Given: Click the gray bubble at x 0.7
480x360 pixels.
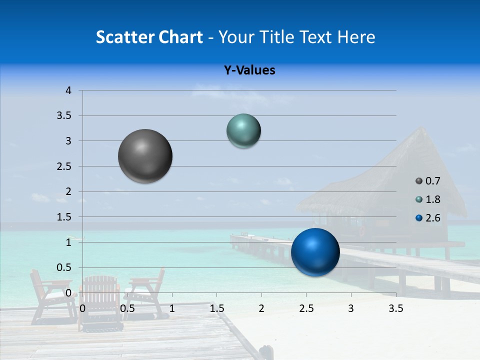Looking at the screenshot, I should pyautogui.click(x=145, y=156).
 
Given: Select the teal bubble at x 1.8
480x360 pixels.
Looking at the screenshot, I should pyautogui.click(x=243, y=130).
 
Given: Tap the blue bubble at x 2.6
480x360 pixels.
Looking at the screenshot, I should pyautogui.click(x=315, y=252).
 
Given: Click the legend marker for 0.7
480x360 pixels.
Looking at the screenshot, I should pyautogui.click(x=419, y=181).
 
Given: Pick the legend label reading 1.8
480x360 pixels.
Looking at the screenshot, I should pyautogui.click(x=432, y=199).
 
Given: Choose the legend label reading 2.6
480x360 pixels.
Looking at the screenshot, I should pyautogui.click(x=432, y=218).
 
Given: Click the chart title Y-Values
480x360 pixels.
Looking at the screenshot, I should pyautogui.click(x=249, y=70).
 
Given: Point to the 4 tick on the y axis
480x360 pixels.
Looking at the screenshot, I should pyautogui.click(x=68, y=90).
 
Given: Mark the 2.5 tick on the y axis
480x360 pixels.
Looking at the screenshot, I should pyautogui.click(x=64, y=166).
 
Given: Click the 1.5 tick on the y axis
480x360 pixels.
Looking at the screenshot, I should pyautogui.click(x=64, y=217).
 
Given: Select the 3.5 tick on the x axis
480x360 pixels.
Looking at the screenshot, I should pyautogui.click(x=395, y=308).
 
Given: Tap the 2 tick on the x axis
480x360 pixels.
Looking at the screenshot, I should pyautogui.click(x=261, y=308).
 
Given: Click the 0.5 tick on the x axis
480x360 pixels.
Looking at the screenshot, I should pyautogui.click(x=127, y=308).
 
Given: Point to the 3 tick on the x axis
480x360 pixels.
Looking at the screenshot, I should pyautogui.click(x=350, y=308).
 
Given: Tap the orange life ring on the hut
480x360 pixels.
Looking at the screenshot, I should pyautogui.click(x=362, y=230).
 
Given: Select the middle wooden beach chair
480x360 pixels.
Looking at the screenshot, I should pyautogui.click(x=100, y=302).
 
